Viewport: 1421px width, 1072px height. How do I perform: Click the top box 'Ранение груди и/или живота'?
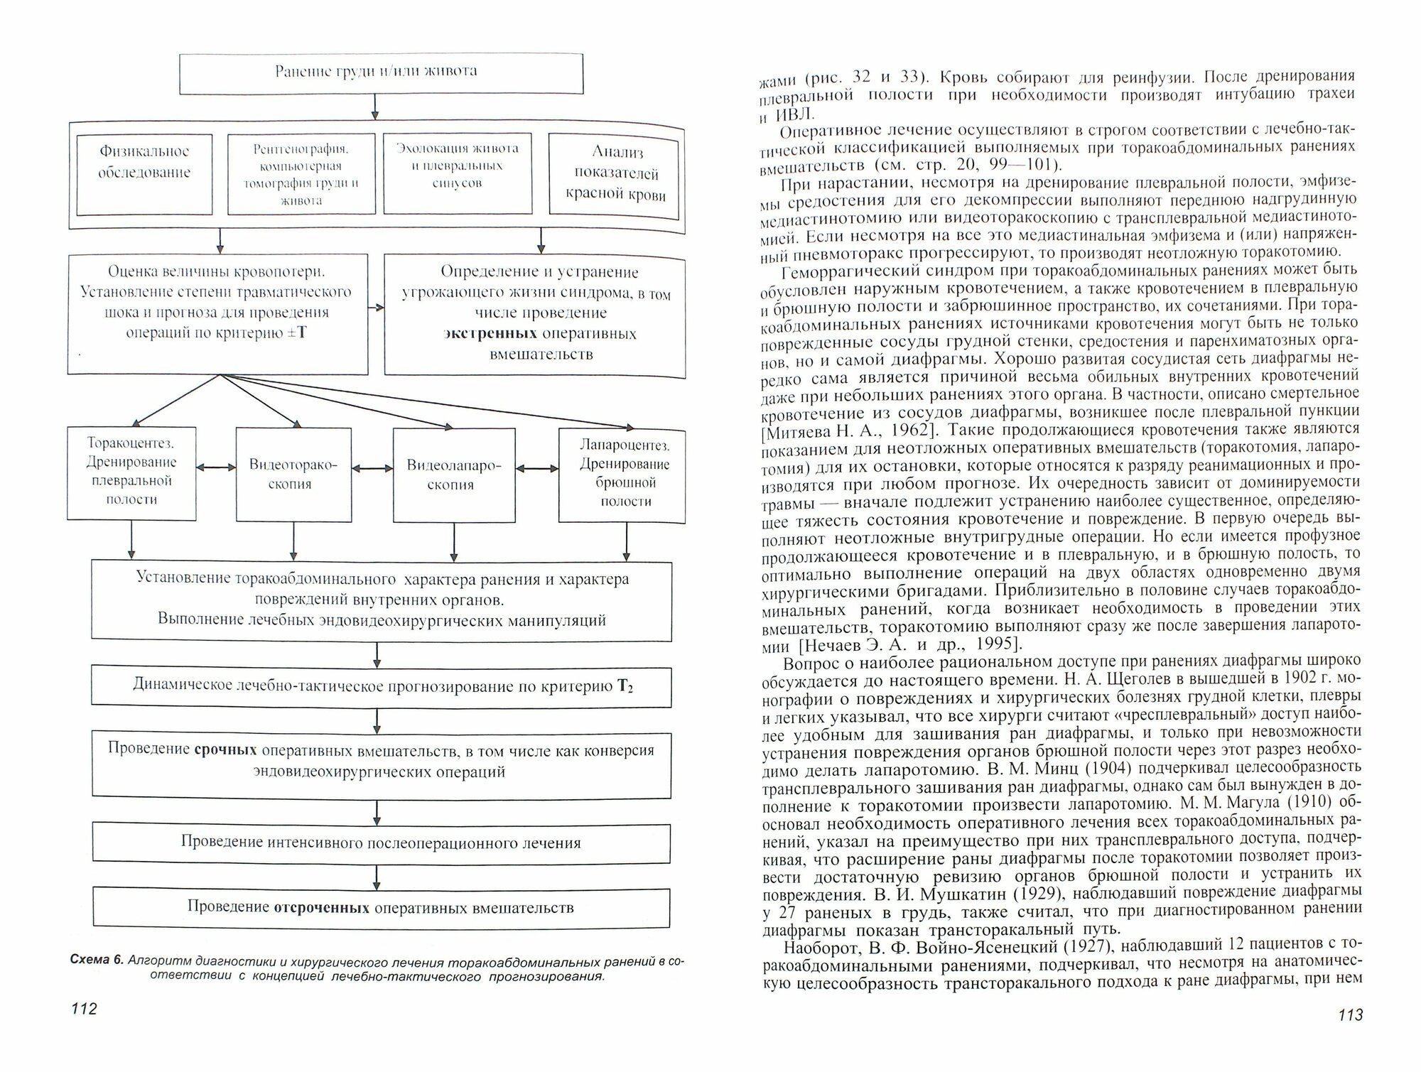point(381,72)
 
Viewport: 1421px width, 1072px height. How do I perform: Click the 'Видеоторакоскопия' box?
point(293,474)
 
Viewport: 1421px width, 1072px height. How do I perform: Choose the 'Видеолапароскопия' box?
point(454,475)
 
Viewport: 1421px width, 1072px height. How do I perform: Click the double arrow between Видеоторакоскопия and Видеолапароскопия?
point(373,468)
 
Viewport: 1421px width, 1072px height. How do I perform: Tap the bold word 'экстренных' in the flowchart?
point(490,334)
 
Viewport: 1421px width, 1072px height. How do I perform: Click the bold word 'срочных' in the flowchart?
point(226,751)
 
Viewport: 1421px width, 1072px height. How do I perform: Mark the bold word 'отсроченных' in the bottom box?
point(321,908)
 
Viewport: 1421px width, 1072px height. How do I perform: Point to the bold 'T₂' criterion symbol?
point(625,686)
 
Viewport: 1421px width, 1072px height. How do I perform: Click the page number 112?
point(83,1009)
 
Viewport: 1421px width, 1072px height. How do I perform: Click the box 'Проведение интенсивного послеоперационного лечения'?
point(381,843)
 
